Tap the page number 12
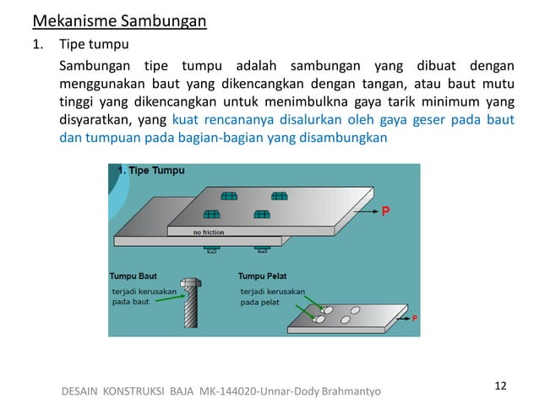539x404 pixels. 500,385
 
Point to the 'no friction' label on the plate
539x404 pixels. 208,231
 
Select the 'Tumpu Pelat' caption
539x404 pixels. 264,276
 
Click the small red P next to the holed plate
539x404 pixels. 415,318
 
